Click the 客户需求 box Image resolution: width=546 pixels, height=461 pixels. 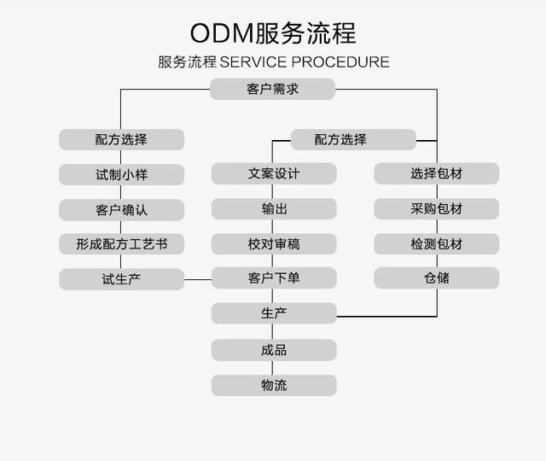tap(273, 89)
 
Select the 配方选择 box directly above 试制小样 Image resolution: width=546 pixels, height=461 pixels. tap(121, 139)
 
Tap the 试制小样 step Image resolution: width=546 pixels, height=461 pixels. tap(121, 174)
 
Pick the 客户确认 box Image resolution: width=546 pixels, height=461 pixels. tap(121, 209)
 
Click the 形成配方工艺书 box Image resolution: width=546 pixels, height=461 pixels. tap(121, 244)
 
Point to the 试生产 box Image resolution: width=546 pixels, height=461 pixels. tap(121, 279)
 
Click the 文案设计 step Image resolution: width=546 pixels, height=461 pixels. tap(274, 174)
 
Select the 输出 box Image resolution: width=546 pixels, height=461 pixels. tap(274, 209)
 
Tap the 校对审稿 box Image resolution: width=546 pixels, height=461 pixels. tap(274, 244)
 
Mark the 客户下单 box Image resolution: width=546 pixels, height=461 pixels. tap(274, 278)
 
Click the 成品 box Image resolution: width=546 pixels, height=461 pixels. tap(274, 350)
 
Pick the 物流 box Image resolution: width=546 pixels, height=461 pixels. tap(274, 385)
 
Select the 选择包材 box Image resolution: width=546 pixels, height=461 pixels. tap(436, 174)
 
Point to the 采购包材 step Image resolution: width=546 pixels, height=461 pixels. tap(436, 209)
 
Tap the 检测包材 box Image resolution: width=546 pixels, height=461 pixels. tap(436, 244)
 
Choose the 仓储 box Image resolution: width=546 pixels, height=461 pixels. tap(436, 278)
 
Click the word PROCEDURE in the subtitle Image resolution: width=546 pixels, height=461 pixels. tap(340, 62)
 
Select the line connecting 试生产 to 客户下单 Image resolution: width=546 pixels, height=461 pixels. tap(198, 279)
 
